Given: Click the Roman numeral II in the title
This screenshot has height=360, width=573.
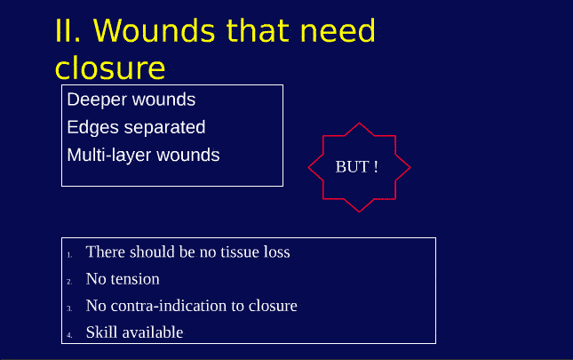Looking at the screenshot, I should (68, 30).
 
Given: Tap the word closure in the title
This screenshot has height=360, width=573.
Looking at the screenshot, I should (110, 68).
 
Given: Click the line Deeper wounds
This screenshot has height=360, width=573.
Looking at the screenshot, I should (131, 100).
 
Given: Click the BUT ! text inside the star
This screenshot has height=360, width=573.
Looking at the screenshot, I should (357, 167).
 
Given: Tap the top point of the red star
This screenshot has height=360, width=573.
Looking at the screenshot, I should (358, 123).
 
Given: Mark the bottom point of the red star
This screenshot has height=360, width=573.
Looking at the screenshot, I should (358, 212).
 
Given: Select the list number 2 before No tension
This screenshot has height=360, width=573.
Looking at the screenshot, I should (69, 282).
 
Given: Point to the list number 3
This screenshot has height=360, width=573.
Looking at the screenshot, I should (69, 308).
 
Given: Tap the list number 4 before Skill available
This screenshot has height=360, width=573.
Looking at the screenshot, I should (69, 335).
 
